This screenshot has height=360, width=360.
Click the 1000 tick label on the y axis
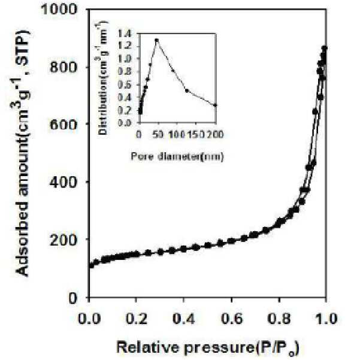[58, 10]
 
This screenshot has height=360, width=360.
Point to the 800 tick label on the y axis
[63, 67]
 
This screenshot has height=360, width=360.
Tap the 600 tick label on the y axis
[63, 124]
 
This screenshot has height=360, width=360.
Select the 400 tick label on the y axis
[63, 181]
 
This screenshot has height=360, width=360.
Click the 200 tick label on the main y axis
[63, 240]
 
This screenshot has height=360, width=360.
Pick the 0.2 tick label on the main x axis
[137, 319]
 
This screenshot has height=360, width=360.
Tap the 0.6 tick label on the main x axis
[232, 319]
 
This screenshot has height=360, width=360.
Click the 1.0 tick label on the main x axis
[326, 319]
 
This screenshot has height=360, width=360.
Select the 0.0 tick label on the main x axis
[89, 319]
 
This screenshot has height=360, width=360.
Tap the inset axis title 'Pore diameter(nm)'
[177, 156]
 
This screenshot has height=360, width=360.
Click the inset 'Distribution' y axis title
[102, 78]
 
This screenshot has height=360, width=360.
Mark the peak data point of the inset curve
[157, 40]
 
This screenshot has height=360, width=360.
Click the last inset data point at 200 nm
[215, 105]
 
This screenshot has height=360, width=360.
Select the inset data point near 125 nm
[187, 90]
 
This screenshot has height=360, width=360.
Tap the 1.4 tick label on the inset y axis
[126, 34]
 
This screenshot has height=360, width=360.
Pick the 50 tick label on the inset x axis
[158, 134]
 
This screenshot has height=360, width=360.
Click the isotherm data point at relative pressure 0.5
[208, 245]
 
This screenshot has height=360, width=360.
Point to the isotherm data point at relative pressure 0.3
[161, 252]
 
